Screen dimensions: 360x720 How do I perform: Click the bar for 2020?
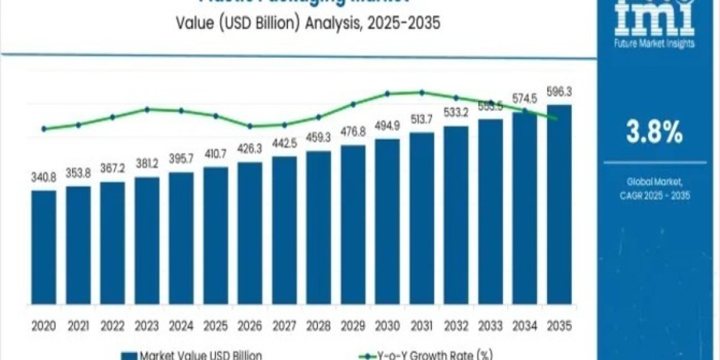44,246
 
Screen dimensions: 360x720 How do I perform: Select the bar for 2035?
559,204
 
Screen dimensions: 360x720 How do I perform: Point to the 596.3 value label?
559,92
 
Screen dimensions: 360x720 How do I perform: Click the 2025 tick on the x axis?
215,326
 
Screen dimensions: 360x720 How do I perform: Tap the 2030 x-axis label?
387,326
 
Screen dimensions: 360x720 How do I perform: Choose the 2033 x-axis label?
490,326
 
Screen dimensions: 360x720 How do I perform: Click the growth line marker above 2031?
421,92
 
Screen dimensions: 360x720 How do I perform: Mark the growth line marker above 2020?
44,128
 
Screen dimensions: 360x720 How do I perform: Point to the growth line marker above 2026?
250,126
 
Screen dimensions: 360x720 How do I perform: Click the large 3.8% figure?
654,133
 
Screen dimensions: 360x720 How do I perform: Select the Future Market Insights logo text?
654,43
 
